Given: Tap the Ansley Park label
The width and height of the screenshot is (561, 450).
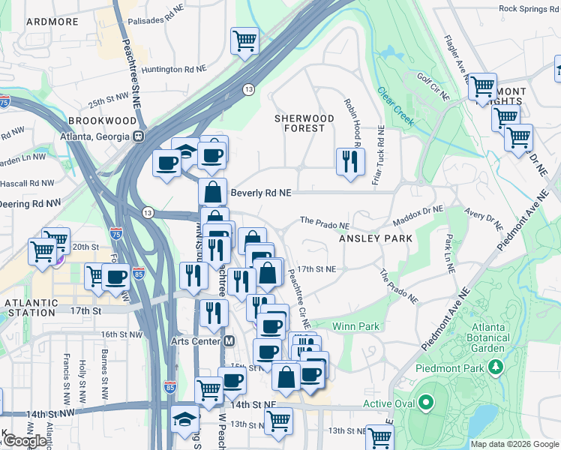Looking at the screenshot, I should [x=376, y=238].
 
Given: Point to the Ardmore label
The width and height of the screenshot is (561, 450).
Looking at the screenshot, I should [x=52, y=22].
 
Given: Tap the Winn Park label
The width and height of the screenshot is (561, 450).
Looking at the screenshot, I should [x=355, y=326].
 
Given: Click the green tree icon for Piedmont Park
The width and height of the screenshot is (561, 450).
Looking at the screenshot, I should [x=495, y=367].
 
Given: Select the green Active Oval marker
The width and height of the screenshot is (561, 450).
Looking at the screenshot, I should [x=426, y=404].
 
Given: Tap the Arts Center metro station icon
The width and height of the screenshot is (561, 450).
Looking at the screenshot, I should [x=229, y=341].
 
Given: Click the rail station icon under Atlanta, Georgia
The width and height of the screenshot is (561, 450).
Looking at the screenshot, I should [x=138, y=136].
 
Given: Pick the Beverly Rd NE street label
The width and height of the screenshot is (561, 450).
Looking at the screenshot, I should [x=260, y=193].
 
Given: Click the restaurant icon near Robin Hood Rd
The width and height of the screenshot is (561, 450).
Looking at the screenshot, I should [x=349, y=161].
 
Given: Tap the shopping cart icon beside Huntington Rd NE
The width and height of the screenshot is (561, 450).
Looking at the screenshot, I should [x=244, y=40].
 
